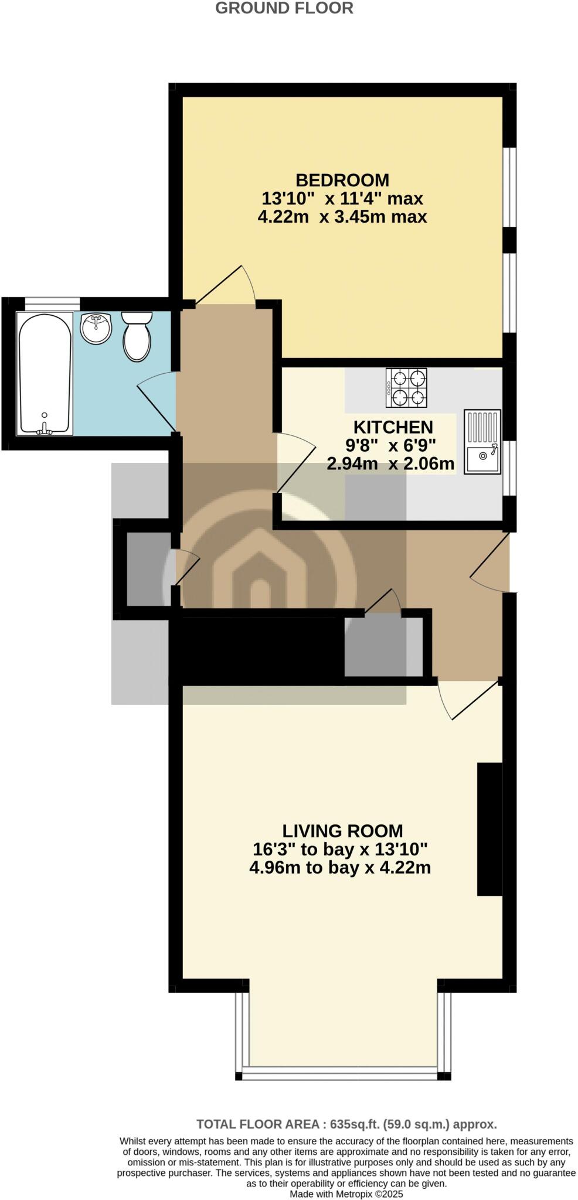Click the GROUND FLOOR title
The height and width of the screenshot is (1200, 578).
pyautogui.click(x=284, y=8)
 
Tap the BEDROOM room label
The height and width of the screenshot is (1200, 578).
pyautogui.click(x=342, y=180)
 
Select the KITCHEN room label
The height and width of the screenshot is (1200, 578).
pyautogui.click(x=393, y=427)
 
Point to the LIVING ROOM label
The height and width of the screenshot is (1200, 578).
pyautogui.click(x=342, y=831)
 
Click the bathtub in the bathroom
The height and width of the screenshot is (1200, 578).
pyautogui.click(x=45, y=373)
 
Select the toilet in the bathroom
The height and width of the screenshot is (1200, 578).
pyautogui.click(x=137, y=336)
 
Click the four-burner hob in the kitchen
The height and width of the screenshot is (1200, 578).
pyautogui.click(x=406, y=388)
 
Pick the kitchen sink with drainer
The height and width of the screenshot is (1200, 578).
pyautogui.click(x=483, y=441)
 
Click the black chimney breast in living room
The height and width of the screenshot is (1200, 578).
pyautogui.click(x=490, y=829)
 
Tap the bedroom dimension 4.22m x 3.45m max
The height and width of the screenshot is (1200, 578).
pyautogui.click(x=342, y=217)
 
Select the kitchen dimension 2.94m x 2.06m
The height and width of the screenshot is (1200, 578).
pyautogui.click(x=390, y=464)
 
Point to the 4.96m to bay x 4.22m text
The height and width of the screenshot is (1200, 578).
pyautogui.click(x=340, y=867)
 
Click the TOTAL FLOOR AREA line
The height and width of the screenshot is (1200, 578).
pyautogui.click(x=346, y=1124)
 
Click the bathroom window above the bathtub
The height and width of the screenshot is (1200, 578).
pyautogui.click(x=52, y=304)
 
